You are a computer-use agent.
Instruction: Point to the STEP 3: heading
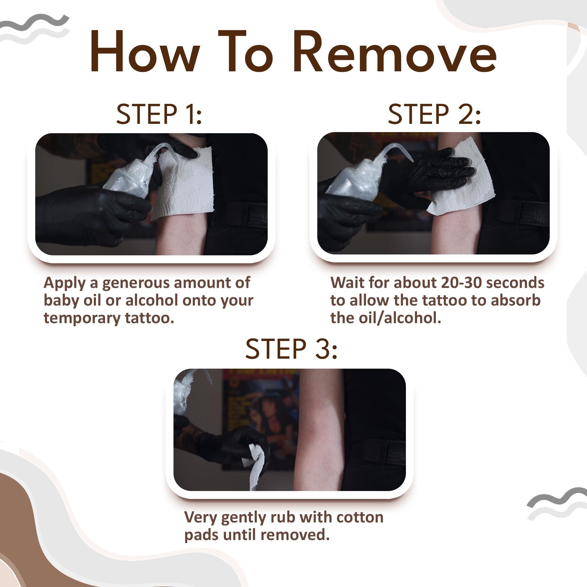pos(291,348)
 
